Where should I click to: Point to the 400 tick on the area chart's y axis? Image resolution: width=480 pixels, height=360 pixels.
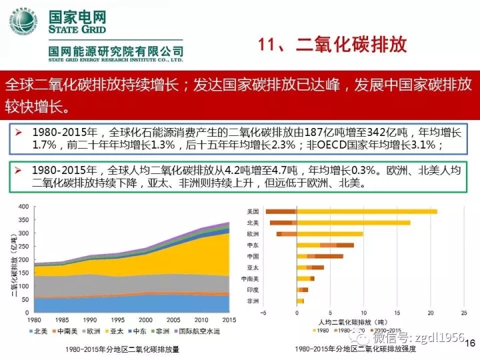click(24, 207)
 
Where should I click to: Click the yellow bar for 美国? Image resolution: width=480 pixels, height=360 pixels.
click(367, 211)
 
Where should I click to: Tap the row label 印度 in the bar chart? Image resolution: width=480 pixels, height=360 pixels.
click(253, 290)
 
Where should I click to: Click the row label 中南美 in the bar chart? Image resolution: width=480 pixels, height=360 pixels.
click(251, 279)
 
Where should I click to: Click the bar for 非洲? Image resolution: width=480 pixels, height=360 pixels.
click(300, 301)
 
